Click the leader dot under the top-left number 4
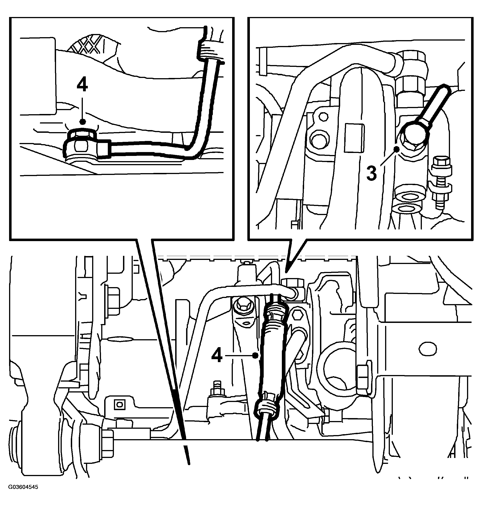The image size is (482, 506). (x=82, y=121)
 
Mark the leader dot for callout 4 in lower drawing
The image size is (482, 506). (x=255, y=355)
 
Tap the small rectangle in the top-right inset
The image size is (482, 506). (x=354, y=138)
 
